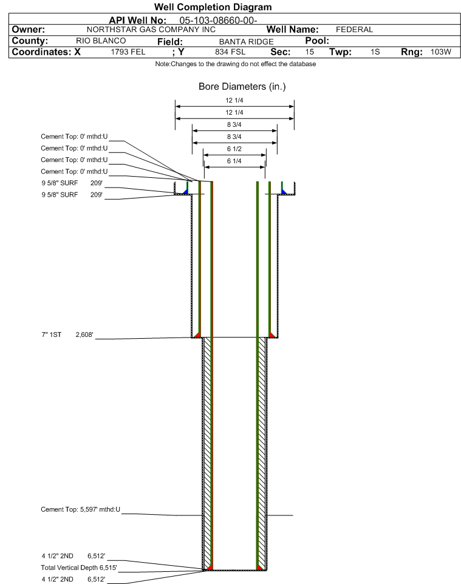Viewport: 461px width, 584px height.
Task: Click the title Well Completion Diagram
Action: click(213, 7)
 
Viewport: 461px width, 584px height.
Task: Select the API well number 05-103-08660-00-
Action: click(218, 21)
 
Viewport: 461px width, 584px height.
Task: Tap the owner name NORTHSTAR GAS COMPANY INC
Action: click(151, 29)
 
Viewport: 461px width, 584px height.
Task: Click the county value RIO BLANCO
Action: click(101, 41)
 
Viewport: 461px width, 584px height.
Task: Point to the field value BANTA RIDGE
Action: click(247, 41)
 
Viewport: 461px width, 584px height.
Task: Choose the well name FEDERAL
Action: click(355, 29)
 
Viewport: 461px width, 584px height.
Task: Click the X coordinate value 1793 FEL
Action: click(128, 52)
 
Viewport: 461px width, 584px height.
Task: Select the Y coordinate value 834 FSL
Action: click(230, 52)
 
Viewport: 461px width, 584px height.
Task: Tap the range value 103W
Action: click(441, 52)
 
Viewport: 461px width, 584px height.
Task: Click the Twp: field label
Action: click(340, 52)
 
